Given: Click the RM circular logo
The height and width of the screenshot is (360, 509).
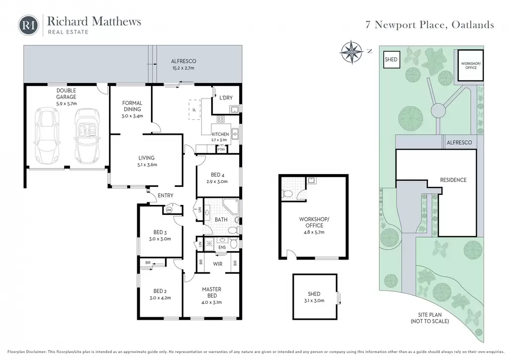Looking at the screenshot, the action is point(28,25).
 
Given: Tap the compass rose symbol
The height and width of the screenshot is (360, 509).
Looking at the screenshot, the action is point(351,52).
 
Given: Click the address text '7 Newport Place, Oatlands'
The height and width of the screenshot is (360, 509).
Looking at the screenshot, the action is point(430,25).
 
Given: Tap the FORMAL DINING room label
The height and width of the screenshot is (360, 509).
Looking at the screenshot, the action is point(132,106).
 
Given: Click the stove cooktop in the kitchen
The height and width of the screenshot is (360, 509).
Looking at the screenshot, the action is point(221,119).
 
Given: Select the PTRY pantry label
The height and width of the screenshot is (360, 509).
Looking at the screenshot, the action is point(221,150).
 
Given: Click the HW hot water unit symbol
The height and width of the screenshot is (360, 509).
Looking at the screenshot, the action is point(169,210).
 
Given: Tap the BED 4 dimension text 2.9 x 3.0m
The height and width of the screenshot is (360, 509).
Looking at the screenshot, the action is point(217,182).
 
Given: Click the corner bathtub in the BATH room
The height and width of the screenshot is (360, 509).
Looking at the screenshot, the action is point(231,207).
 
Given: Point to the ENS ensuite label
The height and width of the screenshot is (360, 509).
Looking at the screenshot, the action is point(222,247).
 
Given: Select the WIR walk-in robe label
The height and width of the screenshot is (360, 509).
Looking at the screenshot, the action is point(218,264).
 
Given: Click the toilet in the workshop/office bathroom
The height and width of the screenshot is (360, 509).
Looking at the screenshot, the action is point(288,194).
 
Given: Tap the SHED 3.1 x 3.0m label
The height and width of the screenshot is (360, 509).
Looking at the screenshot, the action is point(314,297).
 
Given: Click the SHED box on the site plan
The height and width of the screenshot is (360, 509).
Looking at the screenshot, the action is point(391,59).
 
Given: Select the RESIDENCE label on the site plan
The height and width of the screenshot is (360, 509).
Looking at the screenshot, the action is point(453,180).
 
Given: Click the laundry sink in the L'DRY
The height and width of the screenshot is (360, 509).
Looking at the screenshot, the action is point(235,110).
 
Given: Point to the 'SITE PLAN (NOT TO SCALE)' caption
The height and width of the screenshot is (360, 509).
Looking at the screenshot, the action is point(430,318).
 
